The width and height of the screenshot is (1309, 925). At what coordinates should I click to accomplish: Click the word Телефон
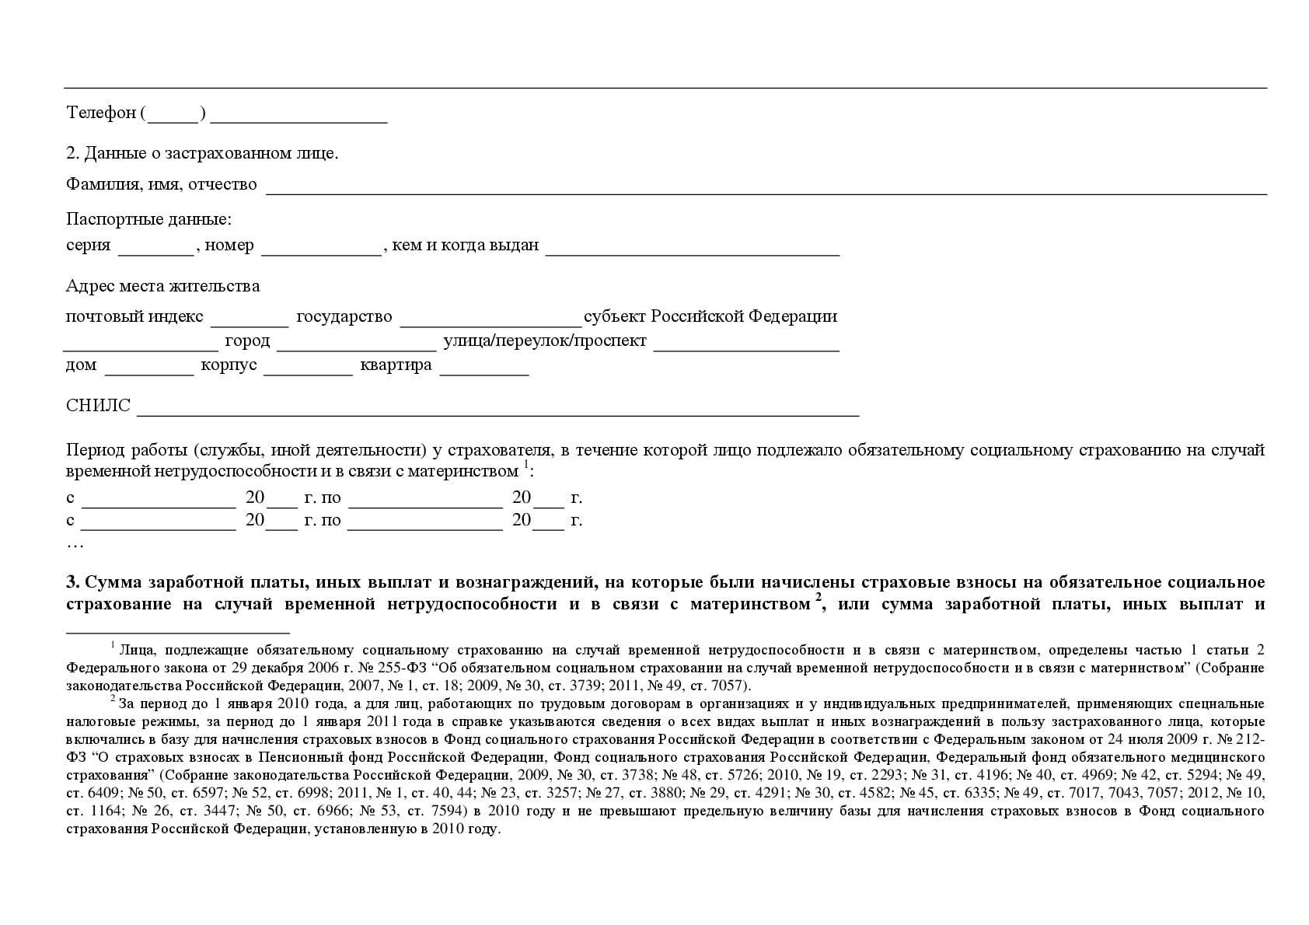pos(102,113)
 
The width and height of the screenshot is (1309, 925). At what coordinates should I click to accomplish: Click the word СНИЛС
pos(98,407)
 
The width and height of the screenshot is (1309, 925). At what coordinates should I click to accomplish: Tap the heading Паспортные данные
pos(148,220)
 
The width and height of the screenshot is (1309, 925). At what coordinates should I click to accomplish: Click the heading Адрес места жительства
pos(162,286)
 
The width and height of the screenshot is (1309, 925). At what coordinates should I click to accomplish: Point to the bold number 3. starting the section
pos(73,583)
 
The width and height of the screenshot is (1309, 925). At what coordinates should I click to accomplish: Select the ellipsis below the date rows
pos(75,544)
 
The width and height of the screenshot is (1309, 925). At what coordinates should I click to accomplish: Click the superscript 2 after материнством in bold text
pos(819,599)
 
